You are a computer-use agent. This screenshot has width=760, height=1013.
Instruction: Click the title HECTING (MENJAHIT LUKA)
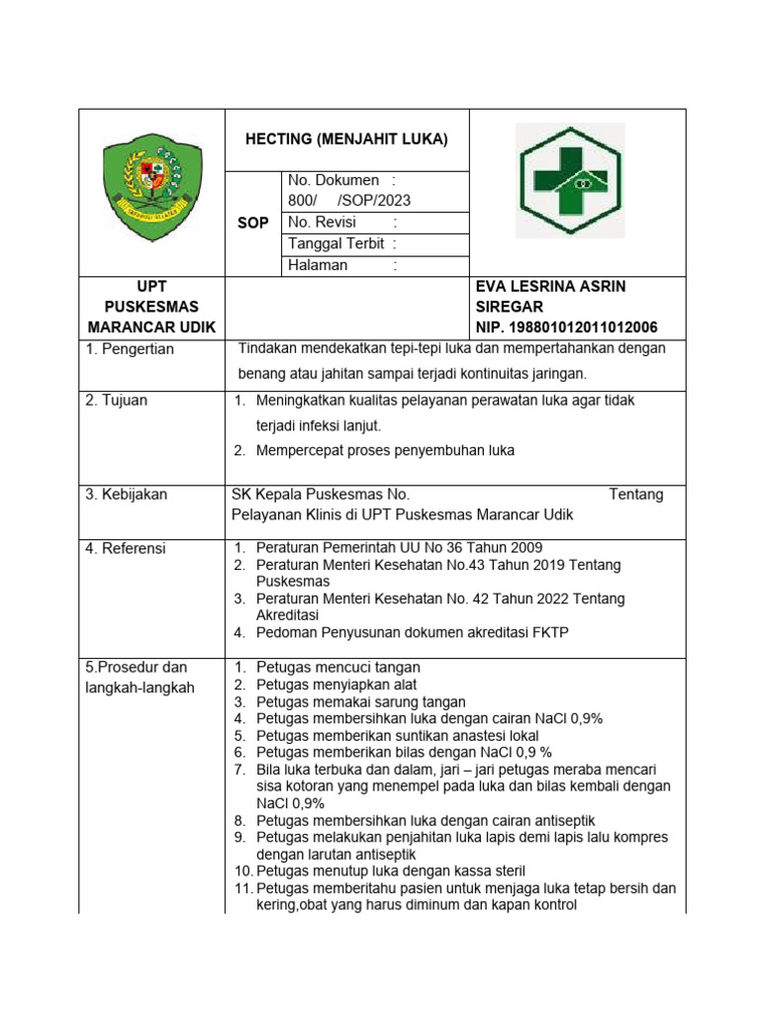tap(346, 139)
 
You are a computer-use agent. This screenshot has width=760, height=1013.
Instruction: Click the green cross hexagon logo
tap(570, 180)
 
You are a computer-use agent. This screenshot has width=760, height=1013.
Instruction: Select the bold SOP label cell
tap(253, 224)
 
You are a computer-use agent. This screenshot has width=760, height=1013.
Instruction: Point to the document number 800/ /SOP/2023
tap(348, 201)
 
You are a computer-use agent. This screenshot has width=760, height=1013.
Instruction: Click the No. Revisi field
tap(342, 223)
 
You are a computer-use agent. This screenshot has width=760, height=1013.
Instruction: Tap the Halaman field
tap(342, 266)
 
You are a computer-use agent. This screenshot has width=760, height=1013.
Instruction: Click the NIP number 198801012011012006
tap(567, 327)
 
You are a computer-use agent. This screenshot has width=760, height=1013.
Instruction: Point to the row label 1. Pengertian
tap(130, 349)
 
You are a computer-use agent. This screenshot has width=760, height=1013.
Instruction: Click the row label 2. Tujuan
tap(116, 401)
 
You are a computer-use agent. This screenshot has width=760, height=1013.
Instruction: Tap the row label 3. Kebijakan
tap(126, 494)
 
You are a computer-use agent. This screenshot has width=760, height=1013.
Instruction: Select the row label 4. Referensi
tap(125, 548)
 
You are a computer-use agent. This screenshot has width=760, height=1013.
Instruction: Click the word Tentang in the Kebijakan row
tap(635, 495)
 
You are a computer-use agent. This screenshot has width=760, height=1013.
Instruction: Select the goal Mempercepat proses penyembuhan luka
tap(385, 451)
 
